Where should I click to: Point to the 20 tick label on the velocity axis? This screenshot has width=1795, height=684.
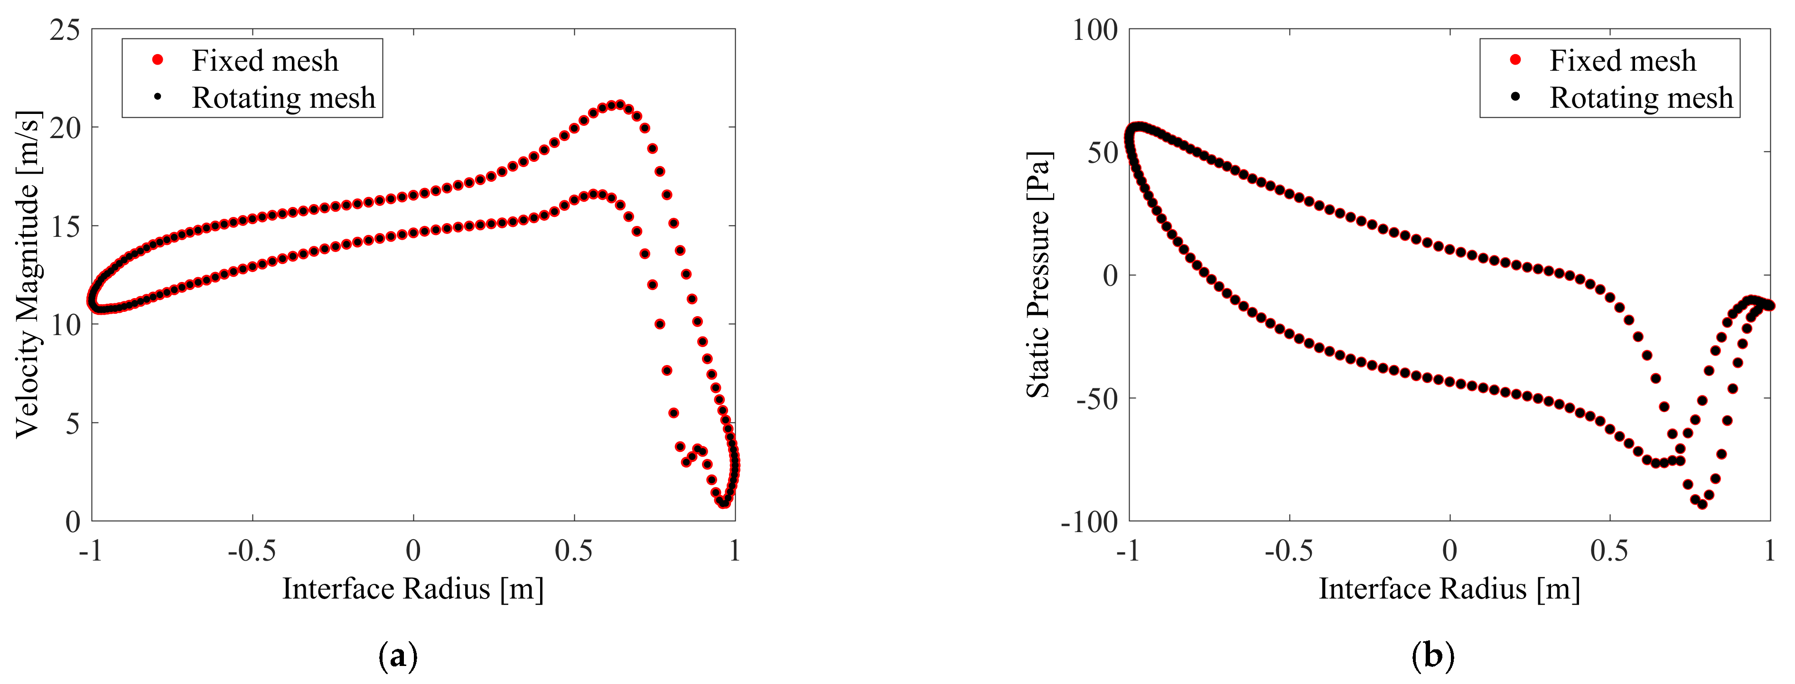(65, 128)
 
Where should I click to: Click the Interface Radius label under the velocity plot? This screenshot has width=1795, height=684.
(412, 589)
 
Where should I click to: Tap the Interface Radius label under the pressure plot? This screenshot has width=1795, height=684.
(1449, 589)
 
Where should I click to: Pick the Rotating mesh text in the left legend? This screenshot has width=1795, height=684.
(283, 98)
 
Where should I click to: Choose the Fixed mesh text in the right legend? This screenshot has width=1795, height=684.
(1622, 61)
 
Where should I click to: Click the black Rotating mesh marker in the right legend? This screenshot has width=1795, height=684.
(1515, 97)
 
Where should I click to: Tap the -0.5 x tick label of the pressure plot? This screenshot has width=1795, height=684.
(1289, 551)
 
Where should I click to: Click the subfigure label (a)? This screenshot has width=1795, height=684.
(398, 656)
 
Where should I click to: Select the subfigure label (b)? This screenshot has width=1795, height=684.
(1433, 656)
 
